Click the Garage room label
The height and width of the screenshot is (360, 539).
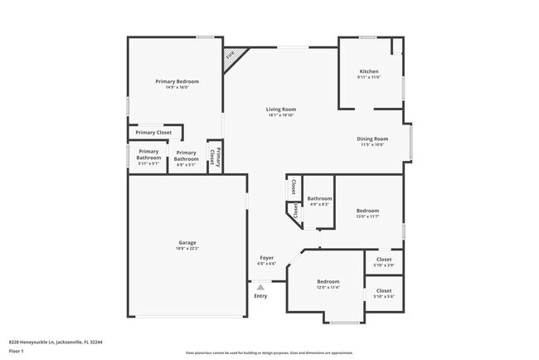[x=187, y=243]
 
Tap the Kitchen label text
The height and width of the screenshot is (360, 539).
[x=369, y=71]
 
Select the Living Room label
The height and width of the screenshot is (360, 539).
[x=281, y=109]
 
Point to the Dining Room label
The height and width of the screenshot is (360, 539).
[x=372, y=139]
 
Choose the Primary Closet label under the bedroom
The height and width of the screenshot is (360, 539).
[x=153, y=133]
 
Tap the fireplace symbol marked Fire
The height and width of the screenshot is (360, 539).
[x=231, y=56]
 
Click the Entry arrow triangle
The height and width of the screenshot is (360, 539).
[x=260, y=287]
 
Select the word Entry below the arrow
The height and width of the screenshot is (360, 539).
[x=260, y=296]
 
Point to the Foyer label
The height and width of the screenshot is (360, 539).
[x=267, y=258]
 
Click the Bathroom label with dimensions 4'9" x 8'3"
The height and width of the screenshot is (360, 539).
[x=319, y=199]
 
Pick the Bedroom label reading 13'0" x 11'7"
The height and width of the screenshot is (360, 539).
[x=368, y=212]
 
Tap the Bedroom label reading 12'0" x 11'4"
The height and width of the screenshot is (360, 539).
[x=328, y=282]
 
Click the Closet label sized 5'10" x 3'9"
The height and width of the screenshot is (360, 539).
[x=384, y=260]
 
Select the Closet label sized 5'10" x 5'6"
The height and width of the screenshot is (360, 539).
[x=384, y=291]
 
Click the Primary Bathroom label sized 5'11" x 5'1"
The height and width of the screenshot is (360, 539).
[x=148, y=154]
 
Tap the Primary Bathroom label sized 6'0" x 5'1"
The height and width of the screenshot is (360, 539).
[x=187, y=155]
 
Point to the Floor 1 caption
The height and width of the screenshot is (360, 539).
[x=17, y=351]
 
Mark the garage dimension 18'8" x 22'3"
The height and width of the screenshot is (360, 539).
[x=187, y=249]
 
